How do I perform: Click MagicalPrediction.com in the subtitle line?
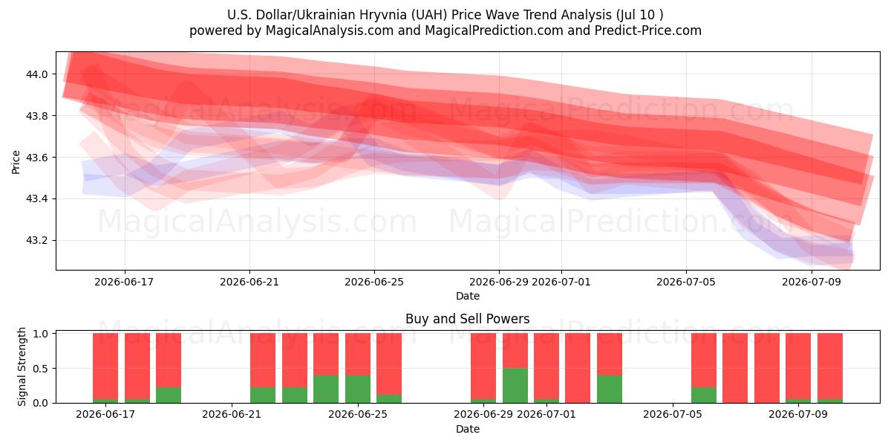(x=494, y=30)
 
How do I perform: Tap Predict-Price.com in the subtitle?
(x=648, y=30)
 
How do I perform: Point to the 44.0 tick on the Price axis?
(x=37, y=74)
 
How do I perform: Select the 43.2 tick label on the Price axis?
(x=37, y=241)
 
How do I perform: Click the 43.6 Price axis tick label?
(x=37, y=158)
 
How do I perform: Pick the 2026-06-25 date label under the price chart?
(x=374, y=282)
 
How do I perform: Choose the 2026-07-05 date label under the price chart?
(x=686, y=282)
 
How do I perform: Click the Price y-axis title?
(x=16, y=162)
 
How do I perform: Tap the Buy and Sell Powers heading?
(x=467, y=319)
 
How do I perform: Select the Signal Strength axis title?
(x=22, y=366)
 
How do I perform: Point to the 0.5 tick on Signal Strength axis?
(x=41, y=369)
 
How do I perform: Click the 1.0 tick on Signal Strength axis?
(x=41, y=334)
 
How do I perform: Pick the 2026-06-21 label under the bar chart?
(x=232, y=415)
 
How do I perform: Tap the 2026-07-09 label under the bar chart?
(x=798, y=415)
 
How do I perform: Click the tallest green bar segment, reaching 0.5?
(x=515, y=386)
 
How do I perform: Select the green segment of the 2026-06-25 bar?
(x=358, y=389)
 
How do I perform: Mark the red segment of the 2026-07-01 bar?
(x=546, y=366)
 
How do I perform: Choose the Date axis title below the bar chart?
(x=467, y=430)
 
